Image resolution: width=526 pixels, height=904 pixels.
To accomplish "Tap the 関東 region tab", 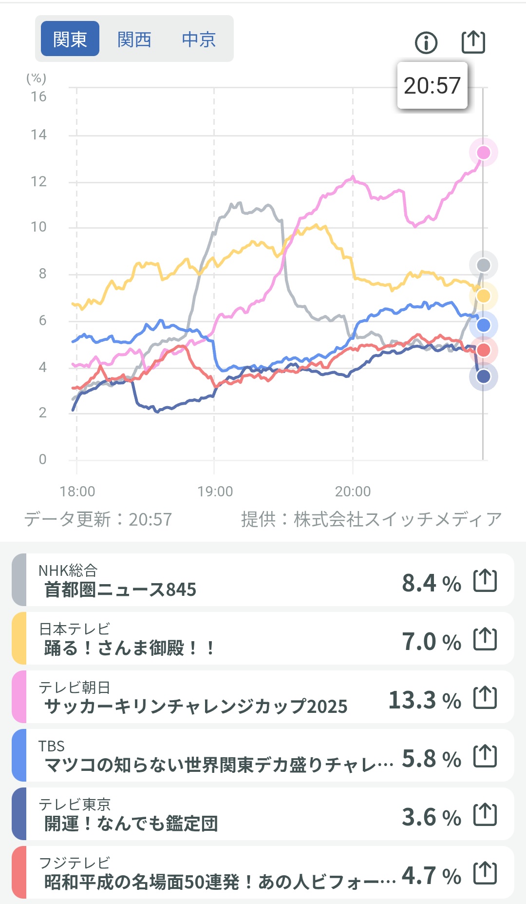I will pyautogui.click(x=70, y=39).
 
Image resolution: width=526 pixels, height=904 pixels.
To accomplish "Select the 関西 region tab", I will pyautogui.click(x=134, y=39).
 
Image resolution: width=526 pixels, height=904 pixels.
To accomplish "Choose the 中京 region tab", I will pyautogui.click(x=199, y=39).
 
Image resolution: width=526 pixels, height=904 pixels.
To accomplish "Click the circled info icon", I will pyautogui.click(x=426, y=42).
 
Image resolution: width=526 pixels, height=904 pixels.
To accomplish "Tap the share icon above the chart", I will pyautogui.click(x=473, y=42).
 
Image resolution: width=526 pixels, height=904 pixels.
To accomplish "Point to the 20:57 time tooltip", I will pyautogui.click(x=432, y=86).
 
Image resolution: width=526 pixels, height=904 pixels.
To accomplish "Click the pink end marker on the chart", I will pyautogui.click(x=483, y=153).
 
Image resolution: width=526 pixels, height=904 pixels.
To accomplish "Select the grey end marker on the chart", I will pyautogui.click(x=483, y=265).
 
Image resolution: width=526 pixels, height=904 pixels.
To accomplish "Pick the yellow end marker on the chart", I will pyautogui.click(x=483, y=296).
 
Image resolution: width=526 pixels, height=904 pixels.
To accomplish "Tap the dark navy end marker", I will pyautogui.click(x=483, y=376).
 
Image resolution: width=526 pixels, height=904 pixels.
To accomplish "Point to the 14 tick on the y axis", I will pyautogui.click(x=39, y=135).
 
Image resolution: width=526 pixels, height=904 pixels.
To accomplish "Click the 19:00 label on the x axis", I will pyautogui.click(x=215, y=491).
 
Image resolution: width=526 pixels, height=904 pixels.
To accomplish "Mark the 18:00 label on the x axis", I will pyautogui.click(x=77, y=491).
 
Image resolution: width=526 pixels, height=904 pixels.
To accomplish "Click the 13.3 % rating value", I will pyautogui.click(x=425, y=700).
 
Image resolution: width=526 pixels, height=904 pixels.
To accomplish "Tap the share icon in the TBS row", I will pyautogui.click(x=485, y=756).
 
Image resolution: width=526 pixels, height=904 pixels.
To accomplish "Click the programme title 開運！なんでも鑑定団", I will pyautogui.click(x=131, y=824).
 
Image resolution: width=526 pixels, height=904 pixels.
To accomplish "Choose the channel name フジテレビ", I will pyautogui.click(x=75, y=863).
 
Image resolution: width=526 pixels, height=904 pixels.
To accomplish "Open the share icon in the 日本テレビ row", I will pyautogui.click(x=485, y=639).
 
